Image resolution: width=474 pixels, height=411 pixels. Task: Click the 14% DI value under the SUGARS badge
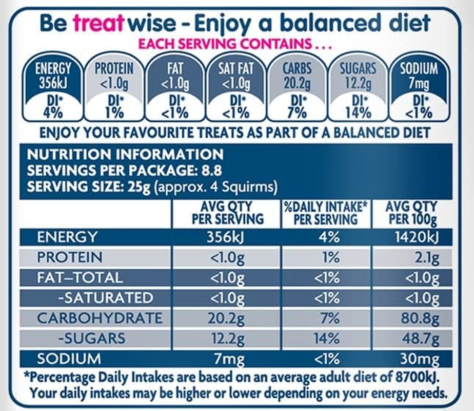coord(358,111)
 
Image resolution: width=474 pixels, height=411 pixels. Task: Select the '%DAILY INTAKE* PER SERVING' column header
coord(326,213)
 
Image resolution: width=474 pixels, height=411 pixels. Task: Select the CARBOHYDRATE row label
coord(100,318)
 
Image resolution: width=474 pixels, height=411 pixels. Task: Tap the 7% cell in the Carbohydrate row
coord(328,318)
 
